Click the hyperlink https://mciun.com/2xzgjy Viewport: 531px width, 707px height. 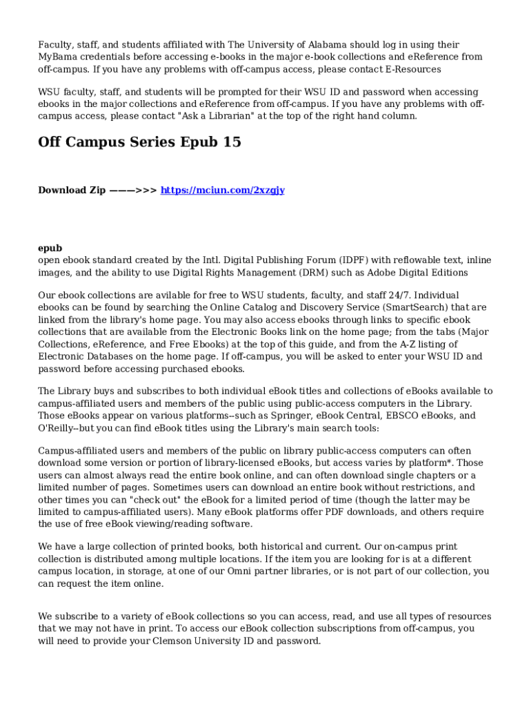coord(222,190)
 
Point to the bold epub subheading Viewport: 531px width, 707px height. coord(50,248)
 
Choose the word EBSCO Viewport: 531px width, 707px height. coord(401,416)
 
